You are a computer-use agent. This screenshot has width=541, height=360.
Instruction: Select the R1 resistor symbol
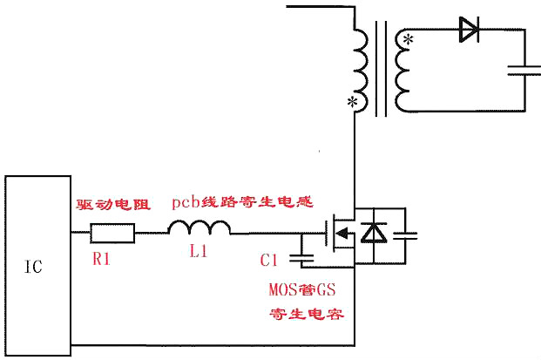coord(113,234)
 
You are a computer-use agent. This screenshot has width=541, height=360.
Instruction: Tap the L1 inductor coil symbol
coord(199,228)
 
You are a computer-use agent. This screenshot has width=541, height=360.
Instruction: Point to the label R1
coord(103,259)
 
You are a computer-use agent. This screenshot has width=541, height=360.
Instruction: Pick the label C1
coord(269,260)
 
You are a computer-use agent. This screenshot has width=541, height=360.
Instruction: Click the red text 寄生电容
coord(308,313)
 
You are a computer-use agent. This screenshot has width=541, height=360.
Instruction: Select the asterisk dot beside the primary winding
coord(352,103)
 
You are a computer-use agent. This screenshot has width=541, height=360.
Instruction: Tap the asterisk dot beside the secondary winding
coord(407,39)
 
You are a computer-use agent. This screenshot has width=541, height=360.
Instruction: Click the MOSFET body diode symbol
coord(374,234)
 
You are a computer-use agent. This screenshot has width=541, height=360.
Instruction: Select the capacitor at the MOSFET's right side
coord(405,234)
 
